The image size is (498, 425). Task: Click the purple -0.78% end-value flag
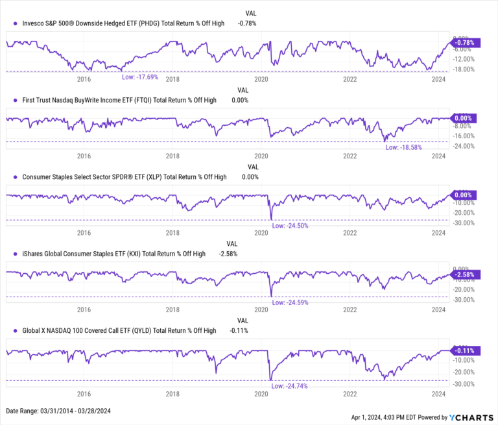click(462, 43)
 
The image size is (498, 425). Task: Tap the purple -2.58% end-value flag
click(462, 275)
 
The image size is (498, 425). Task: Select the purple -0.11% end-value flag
click(462, 350)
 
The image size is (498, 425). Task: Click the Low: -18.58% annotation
click(403, 147)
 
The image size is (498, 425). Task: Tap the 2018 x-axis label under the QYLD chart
click(172, 394)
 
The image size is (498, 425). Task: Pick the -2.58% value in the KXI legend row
click(228, 254)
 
